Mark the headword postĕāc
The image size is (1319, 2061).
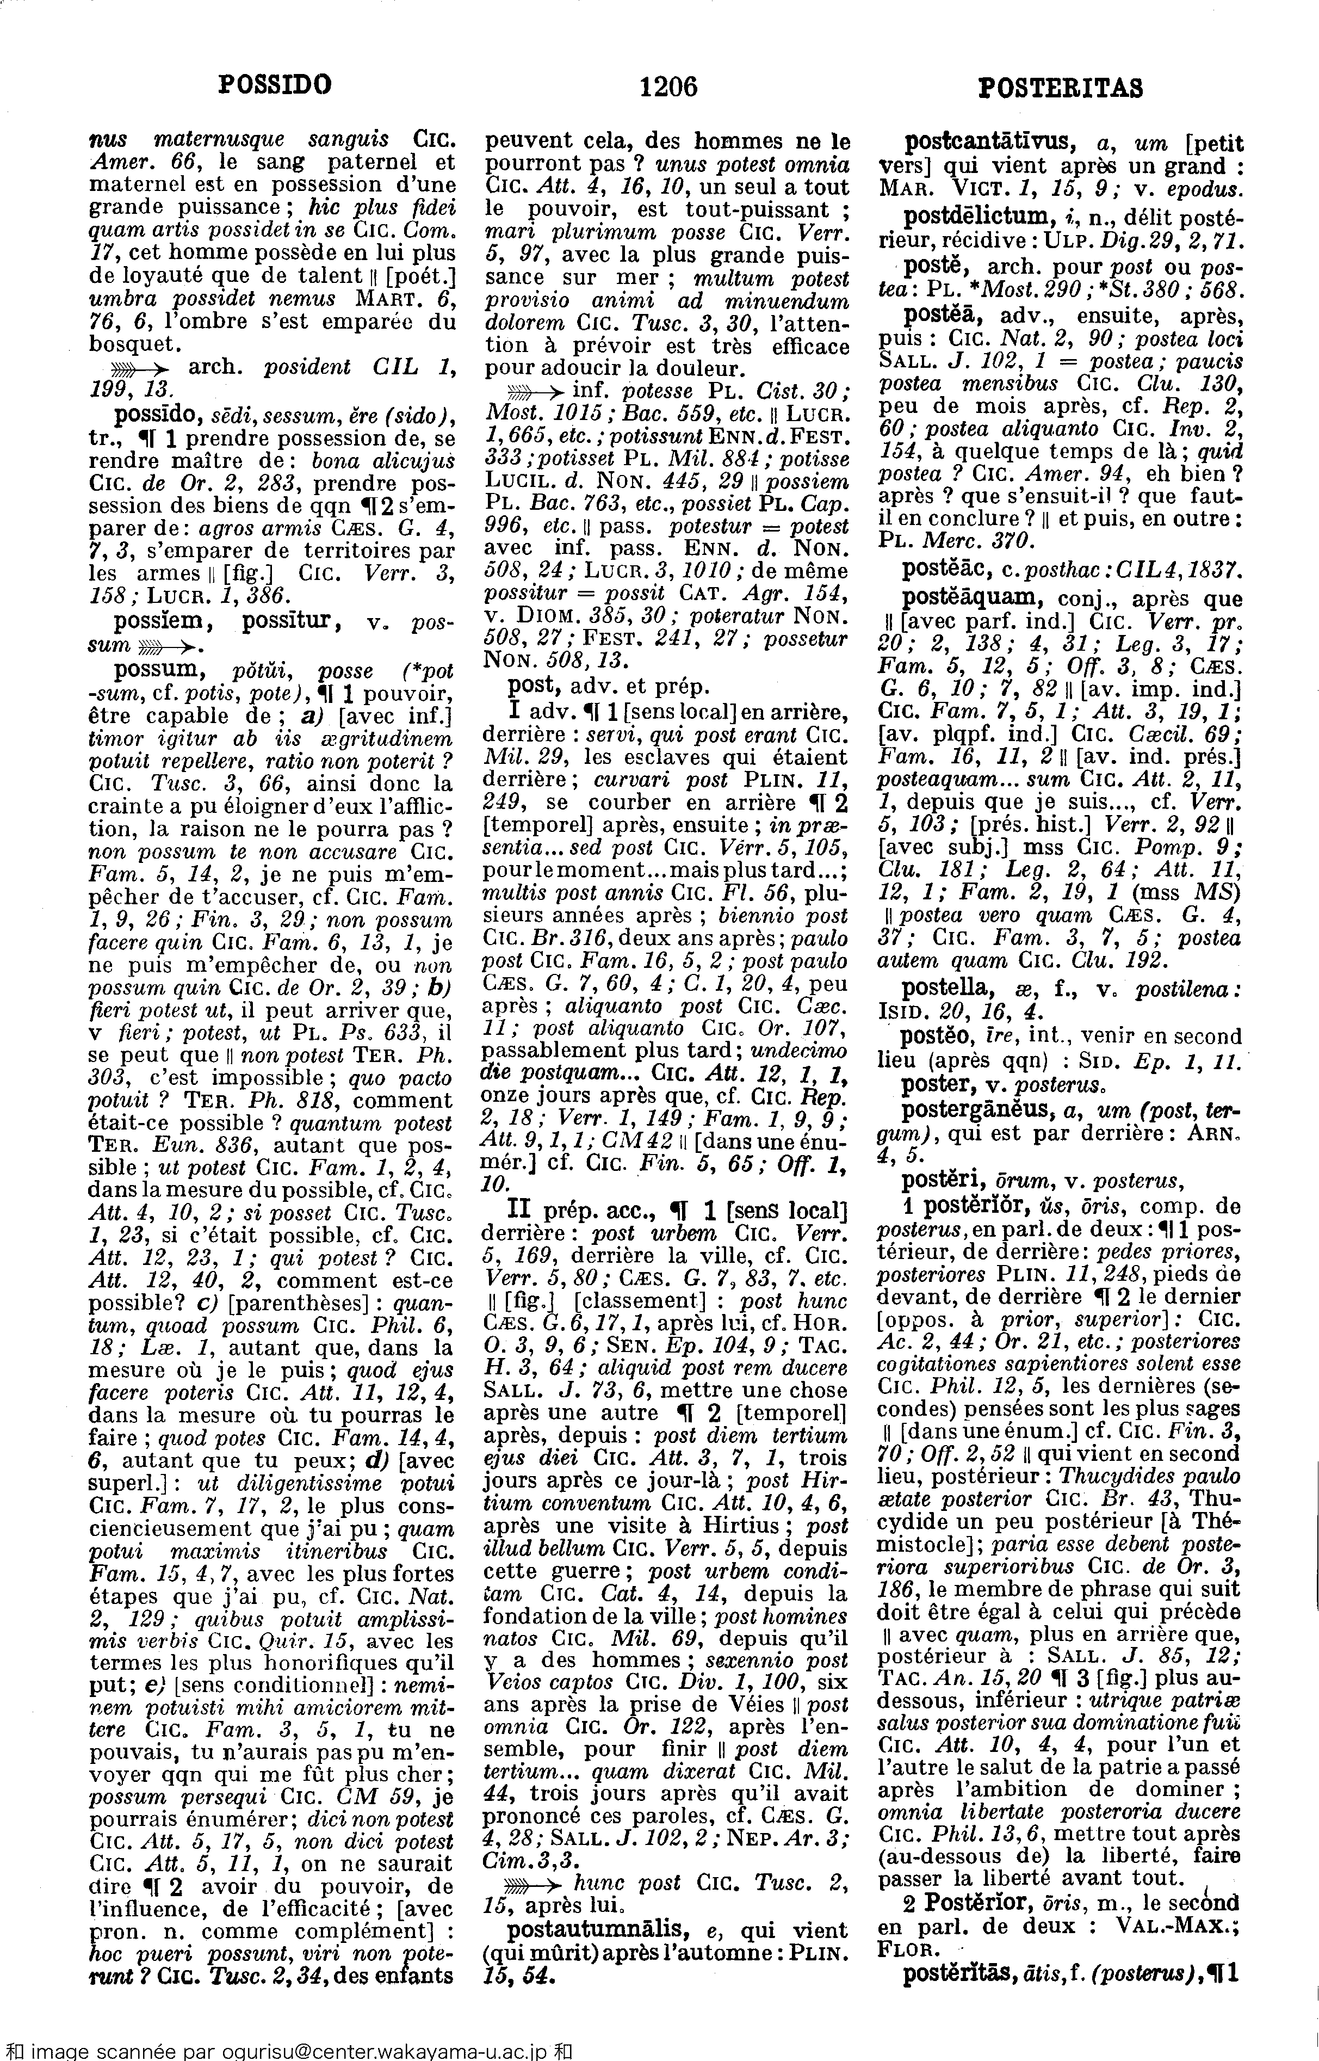(x=940, y=568)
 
